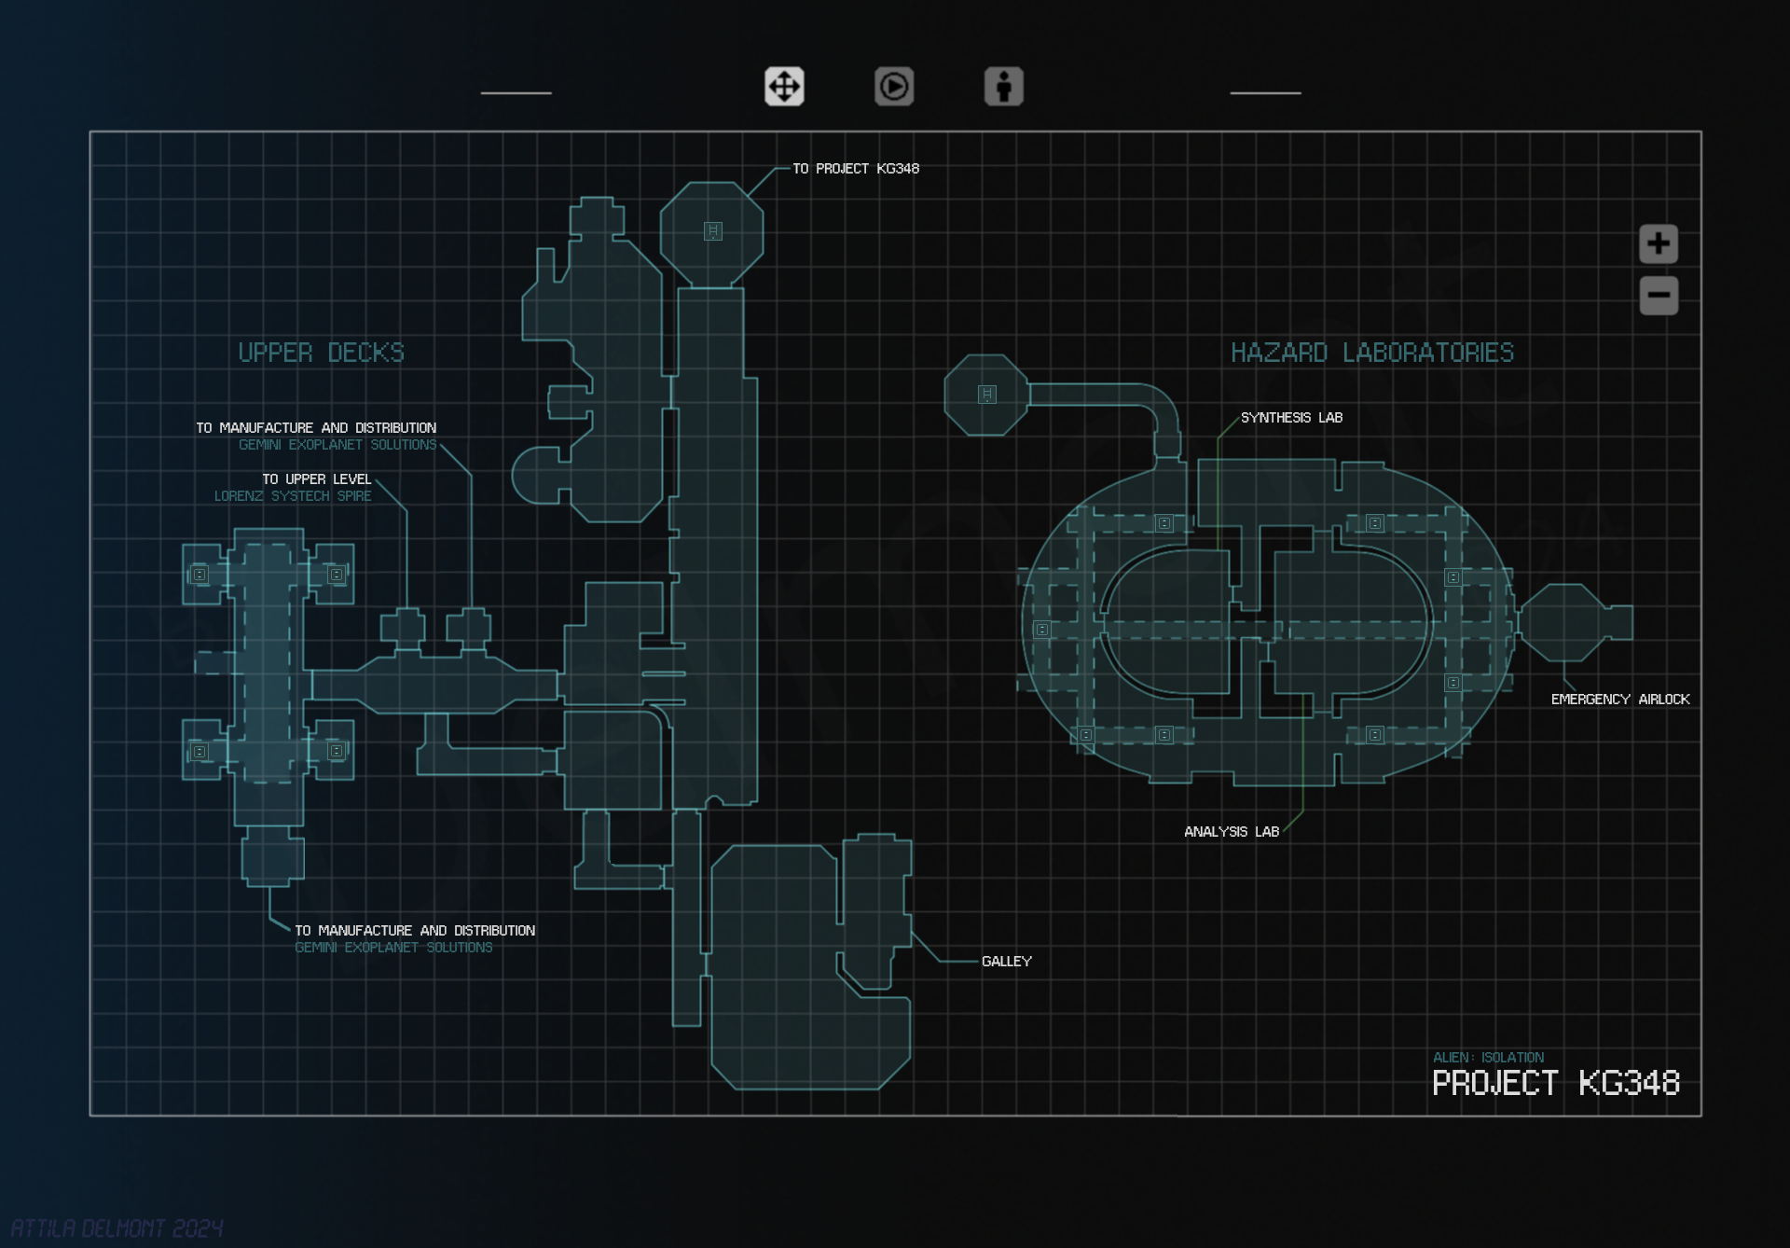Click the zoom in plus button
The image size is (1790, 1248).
(x=1658, y=244)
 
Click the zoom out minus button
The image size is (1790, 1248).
(x=1658, y=296)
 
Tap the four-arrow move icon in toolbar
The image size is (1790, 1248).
(x=784, y=87)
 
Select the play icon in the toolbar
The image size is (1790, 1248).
(x=893, y=87)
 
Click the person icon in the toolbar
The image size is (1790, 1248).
(x=1003, y=87)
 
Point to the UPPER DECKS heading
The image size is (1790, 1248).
(x=321, y=353)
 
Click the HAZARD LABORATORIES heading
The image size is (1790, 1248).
(x=1371, y=353)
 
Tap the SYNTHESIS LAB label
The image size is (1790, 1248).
(x=1291, y=418)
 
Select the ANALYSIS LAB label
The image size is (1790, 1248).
(x=1231, y=832)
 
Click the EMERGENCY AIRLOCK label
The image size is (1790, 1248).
(x=1619, y=700)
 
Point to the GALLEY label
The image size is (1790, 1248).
(x=1006, y=962)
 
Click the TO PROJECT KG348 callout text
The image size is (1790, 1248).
(x=855, y=169)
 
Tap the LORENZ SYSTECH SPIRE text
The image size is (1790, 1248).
(x=293, y=496)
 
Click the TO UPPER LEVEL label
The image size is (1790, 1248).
(x=316, y=479)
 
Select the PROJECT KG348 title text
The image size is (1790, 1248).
(x=1555, y=1084)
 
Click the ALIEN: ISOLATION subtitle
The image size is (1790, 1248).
(x=1488, y=1058)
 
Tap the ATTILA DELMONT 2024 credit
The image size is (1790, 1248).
(x=117, y=1227)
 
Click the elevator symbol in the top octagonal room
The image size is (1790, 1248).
(x=712, y=231)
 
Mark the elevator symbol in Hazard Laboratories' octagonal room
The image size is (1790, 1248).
(x=986, y=395)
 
